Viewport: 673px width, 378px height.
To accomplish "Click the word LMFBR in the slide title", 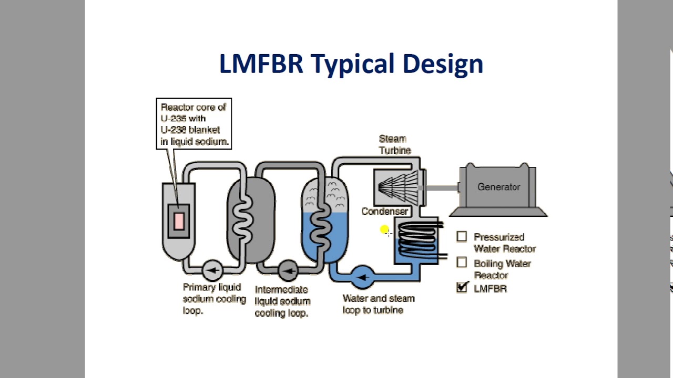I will [x=261, y=64].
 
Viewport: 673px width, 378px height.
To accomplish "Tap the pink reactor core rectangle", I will [x=179, y=220].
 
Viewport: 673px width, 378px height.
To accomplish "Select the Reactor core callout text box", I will [x=194, y=124].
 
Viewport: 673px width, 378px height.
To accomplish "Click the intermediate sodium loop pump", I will [x=288, y=271].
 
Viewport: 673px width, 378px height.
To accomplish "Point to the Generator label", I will [x=498, y=187].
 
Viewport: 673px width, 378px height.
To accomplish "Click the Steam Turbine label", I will [x=394, y=144].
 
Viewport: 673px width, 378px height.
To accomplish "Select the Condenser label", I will [x=384, y=211].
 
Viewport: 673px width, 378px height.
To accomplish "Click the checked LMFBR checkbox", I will [x=462, y=287].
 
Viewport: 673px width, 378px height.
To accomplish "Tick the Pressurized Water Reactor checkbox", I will [x=462, y=237].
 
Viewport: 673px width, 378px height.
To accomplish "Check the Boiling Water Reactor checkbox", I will [x=462, y=262].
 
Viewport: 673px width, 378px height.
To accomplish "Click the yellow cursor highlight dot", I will [x=384, y=229].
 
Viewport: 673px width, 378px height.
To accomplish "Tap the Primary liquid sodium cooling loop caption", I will [x=214, y=299].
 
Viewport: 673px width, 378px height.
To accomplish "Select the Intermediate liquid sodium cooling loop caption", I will [x=282, y=301].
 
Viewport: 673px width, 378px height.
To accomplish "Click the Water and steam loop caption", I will [x=378, y=304].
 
